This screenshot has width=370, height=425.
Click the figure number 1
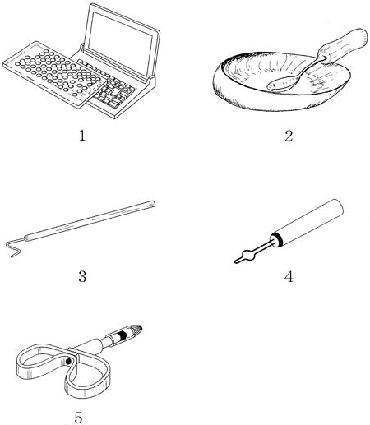(82, 136)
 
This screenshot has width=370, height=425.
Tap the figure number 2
(289, 136)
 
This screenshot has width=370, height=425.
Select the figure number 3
(82, 276)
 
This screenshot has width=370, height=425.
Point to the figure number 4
(289, 276)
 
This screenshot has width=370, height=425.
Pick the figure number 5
(78, 418)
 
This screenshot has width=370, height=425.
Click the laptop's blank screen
(120, 44)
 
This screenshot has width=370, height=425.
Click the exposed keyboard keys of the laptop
(114, 93)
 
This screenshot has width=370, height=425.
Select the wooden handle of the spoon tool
(343, 46)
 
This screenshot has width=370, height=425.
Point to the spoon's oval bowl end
(282, 84)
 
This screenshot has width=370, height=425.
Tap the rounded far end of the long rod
(152, 204)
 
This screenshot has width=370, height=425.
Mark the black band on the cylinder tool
(277, 238)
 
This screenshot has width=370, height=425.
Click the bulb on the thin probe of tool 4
(249, 254)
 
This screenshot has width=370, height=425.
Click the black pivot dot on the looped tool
(68, 362)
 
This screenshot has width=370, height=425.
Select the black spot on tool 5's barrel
(123, 335)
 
